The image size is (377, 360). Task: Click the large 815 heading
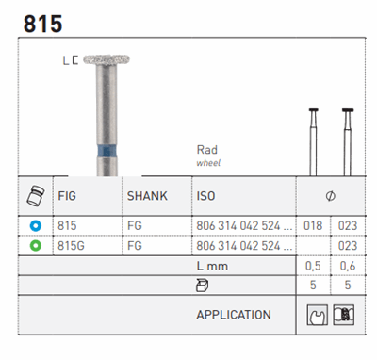tap(42, 24)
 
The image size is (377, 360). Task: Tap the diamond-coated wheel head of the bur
tap(107, 59)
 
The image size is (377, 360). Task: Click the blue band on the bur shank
tap(107, 151)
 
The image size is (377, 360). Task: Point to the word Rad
tap(206, 150)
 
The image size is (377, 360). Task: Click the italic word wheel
tap(208, 163)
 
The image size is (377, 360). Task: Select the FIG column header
tap(67, 196)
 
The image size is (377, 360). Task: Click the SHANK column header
tap(147, 196)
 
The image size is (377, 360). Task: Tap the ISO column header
tap(205, 196)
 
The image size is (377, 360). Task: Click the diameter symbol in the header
tap(330, 196)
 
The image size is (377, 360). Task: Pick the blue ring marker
tap(35, 226)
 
